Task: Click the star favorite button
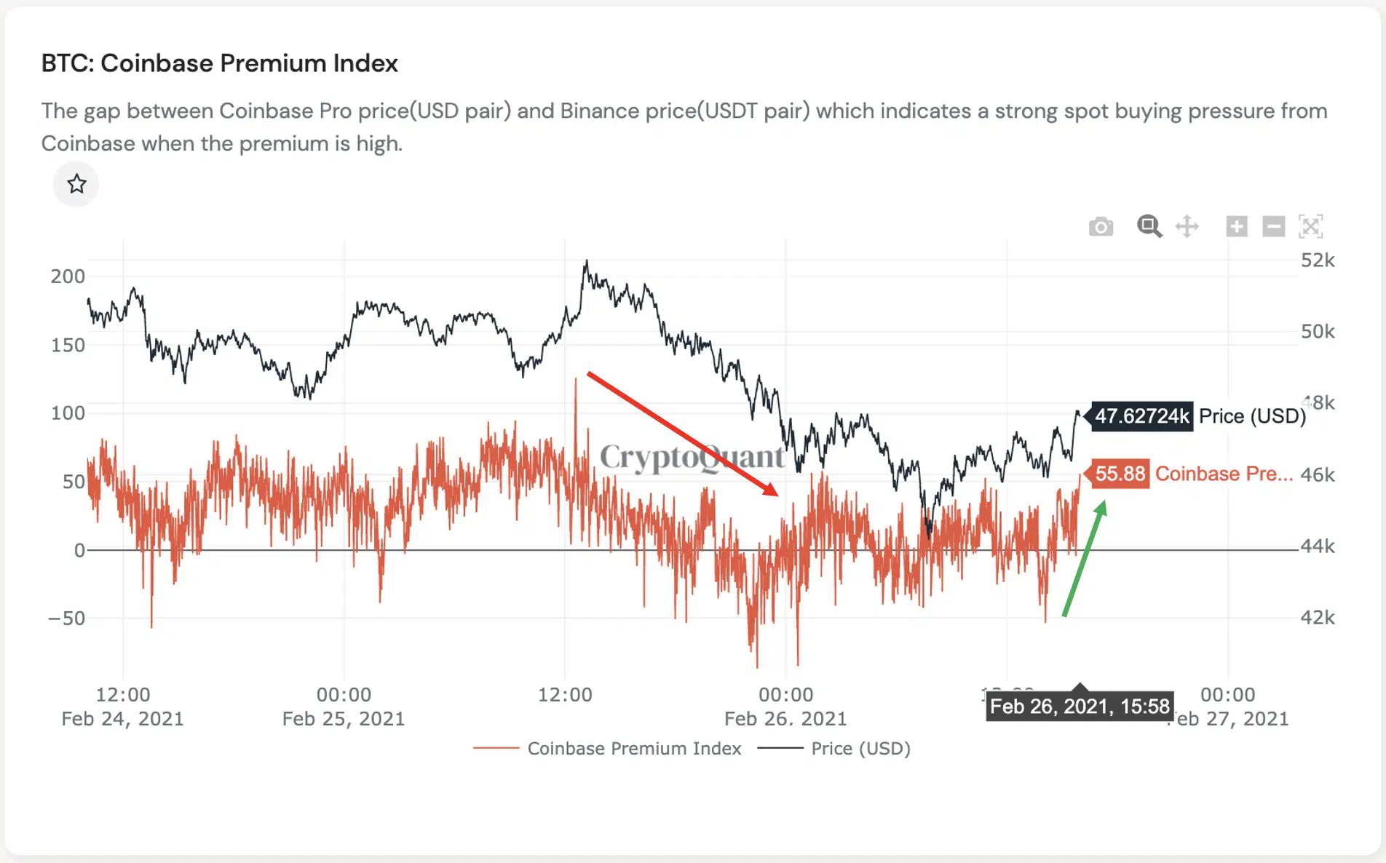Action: pyautogui.click(x=76, y=184)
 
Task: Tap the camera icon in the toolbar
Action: pyautogui.click(x=1101, y=227)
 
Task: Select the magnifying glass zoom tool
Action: pyautogui.click(x=1149, y=226)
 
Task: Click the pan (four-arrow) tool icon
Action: pyautogui.click(x=1187, y=226)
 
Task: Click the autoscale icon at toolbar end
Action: pyautogui.click(x=1310, y=226)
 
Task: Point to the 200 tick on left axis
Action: pyautogui.click(x=68, y=277)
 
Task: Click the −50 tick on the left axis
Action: pyautogui.click(x=66, y=619)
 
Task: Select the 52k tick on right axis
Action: pyautogui.click(x=1318, y=261)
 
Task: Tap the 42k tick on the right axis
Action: pyautogui.click(x=1318, y=618)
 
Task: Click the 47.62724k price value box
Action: pyautogui.click(x=1141, y=416)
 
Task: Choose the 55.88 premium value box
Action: pyautogui.click(x=1120, y=474)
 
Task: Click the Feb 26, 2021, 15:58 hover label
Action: pyautogui.click(x=1080, y=707)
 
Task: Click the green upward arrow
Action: pyautogui.click(x=1085, y=559)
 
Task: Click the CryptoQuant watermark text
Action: pyautogui.click(x=692, y=457)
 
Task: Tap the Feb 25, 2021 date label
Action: pyautogui.click(x=343, y=719)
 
